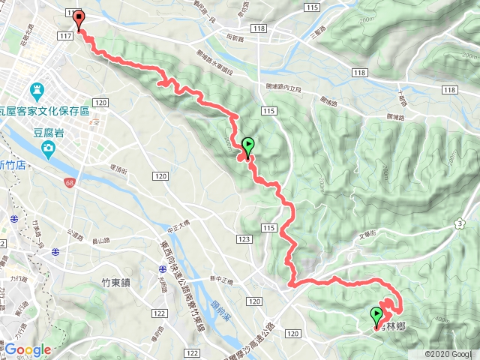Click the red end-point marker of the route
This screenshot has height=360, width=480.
pyautogui.click(x=79, y=19)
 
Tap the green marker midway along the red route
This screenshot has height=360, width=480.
pyautogui.click(x=248, y=145)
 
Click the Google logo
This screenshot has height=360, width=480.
pyautogui.click(x=28, y=349)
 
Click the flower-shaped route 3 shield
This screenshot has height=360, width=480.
pyautogui.click(x=459, y=223)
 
